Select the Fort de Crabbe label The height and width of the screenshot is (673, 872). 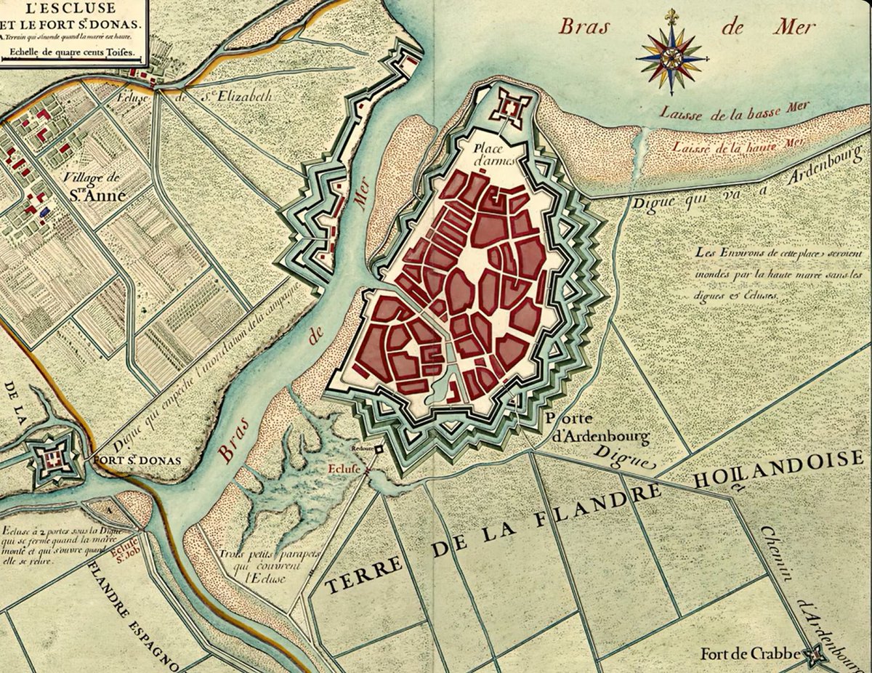[751, 654]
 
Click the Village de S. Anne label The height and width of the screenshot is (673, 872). [94, 188]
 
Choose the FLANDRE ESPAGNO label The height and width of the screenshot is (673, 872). [134, 618]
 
